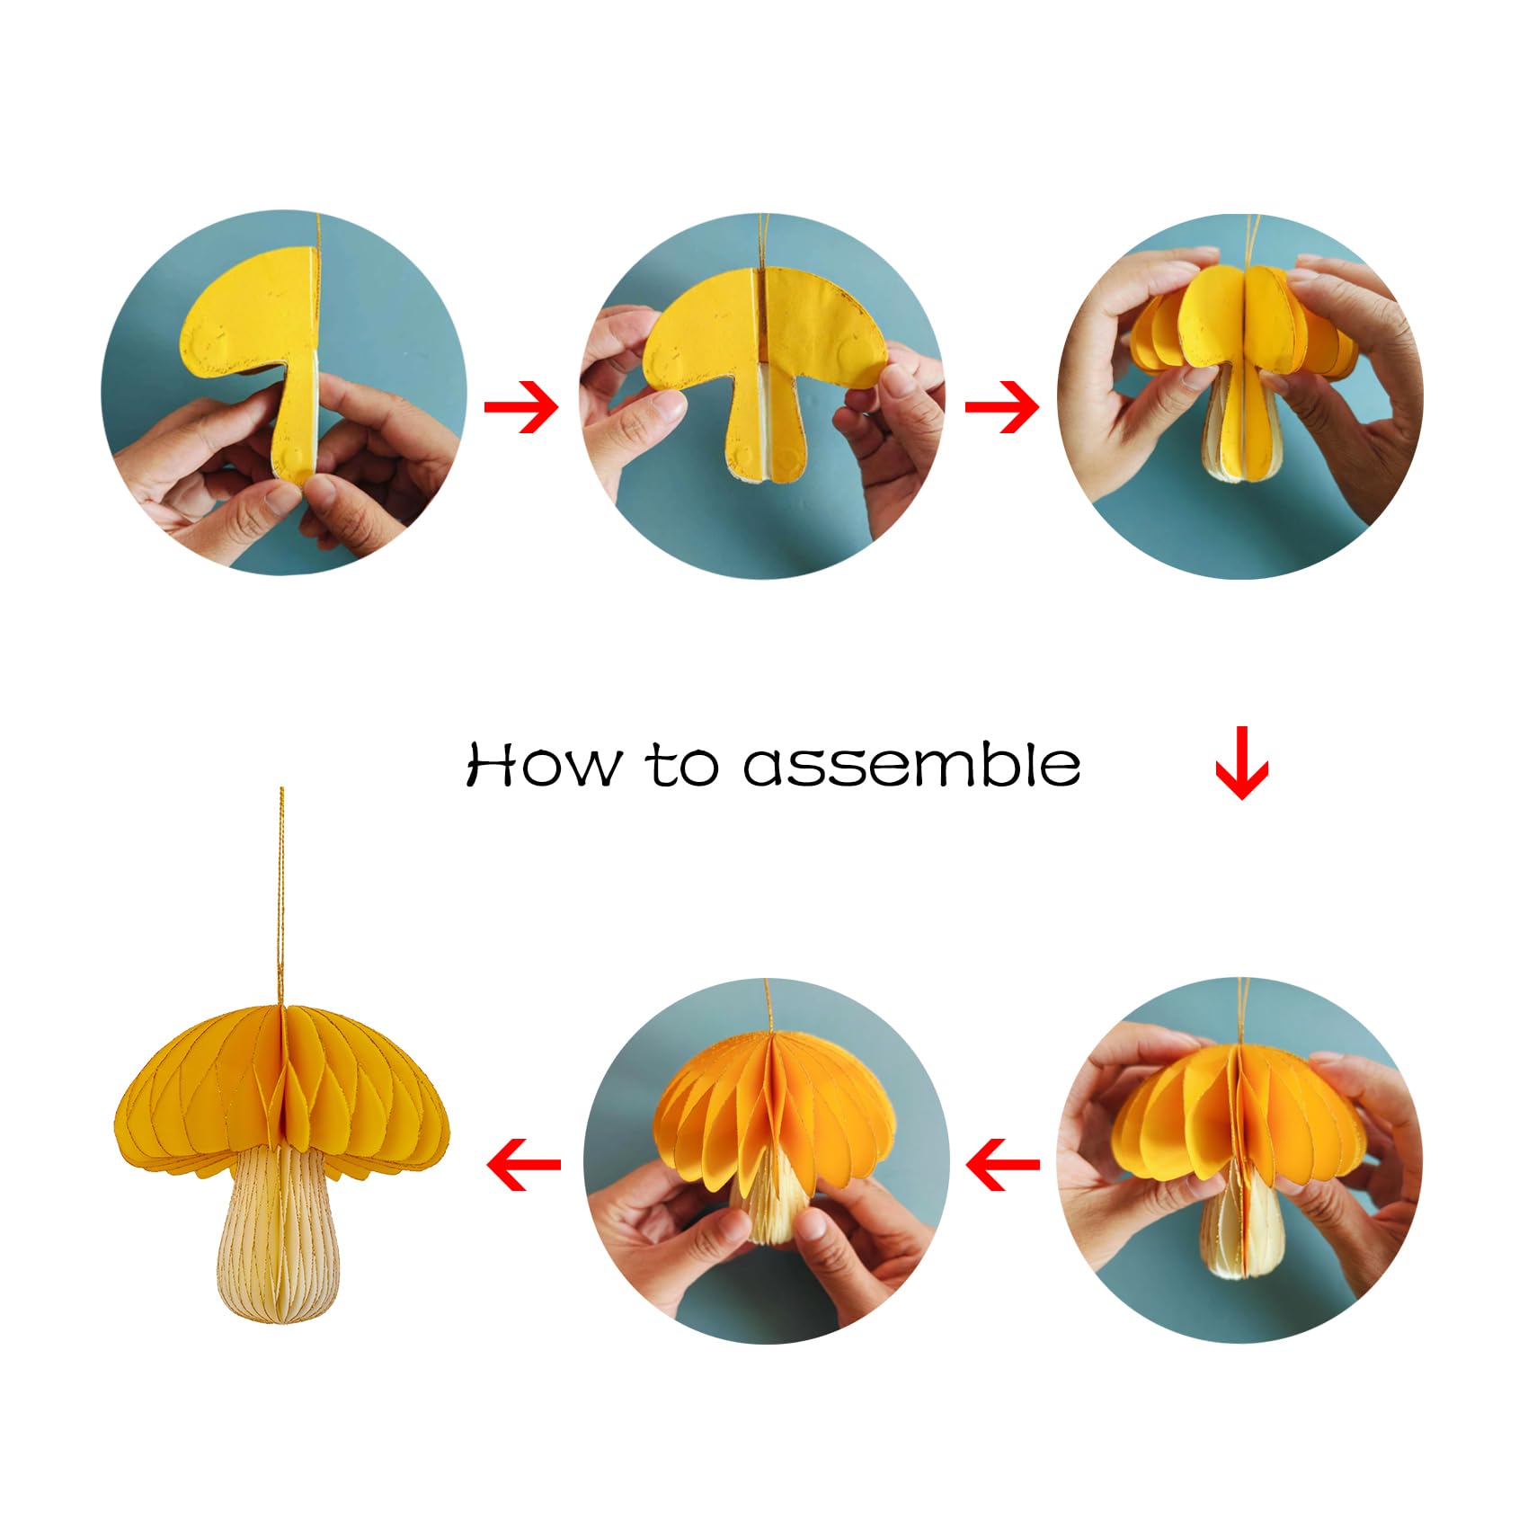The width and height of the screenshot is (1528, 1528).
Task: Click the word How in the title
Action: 543,765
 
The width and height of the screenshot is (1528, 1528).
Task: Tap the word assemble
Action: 911,765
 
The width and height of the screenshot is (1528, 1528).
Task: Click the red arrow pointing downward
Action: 1241,763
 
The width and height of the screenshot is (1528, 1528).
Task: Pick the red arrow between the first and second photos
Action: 521,407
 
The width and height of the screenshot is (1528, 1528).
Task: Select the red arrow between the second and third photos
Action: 1002,407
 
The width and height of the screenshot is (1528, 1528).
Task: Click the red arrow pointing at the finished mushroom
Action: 524,1165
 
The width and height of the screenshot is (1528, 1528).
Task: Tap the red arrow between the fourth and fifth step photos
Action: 1002,1165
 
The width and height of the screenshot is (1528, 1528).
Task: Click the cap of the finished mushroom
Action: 280,1088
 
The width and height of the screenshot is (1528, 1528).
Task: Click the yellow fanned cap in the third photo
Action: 1245,319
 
